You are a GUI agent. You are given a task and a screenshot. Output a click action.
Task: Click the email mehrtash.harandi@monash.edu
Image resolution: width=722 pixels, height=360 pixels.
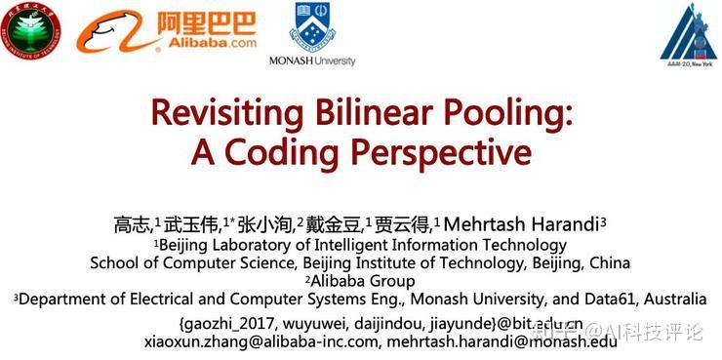(501, 341)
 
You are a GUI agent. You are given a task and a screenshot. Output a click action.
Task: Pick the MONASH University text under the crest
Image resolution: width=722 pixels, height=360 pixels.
(312, 60)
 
